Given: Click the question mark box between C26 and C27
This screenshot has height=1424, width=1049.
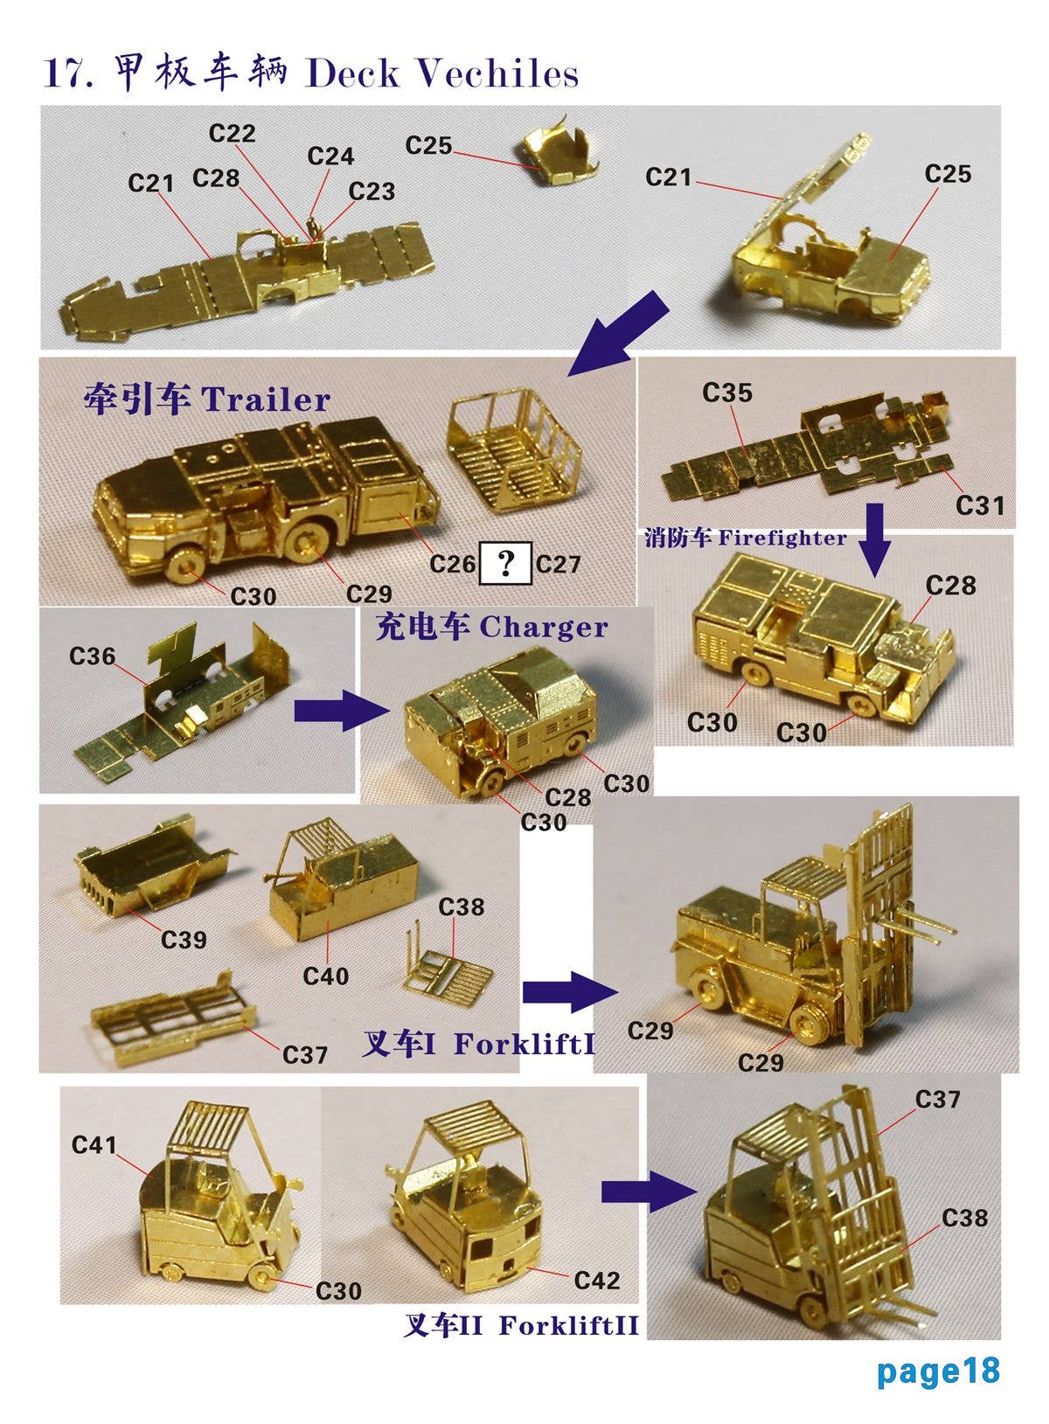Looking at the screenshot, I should pyautogui.click(x=505, y=564).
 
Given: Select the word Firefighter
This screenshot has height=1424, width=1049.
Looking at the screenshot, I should pyautogui.click(x=782, y=538).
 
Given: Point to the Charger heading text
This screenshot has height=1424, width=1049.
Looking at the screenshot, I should pyautogui.click(x=543, y=627).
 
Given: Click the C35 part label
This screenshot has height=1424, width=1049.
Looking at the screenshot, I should pyautogui.click(x=727, y=393).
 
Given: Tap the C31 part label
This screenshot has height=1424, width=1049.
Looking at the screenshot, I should pyautogui.click(x=980, y=505).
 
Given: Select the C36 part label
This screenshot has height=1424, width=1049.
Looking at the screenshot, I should pyautogui.click(x=92, y=656).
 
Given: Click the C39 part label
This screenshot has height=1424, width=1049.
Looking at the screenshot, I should pyautogui.click(x=184, y=940).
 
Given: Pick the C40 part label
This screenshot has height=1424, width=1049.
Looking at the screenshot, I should pyautogui.click(x=325, y=976).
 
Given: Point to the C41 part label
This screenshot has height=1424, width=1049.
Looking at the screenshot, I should pyautogui.click(x=94, y=1144).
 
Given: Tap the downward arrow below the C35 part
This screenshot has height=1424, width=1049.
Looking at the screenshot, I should pyautogui.click(x=874, y=537).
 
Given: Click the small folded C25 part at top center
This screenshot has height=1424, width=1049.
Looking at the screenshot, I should pyautogui.click(x=557, y=155).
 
